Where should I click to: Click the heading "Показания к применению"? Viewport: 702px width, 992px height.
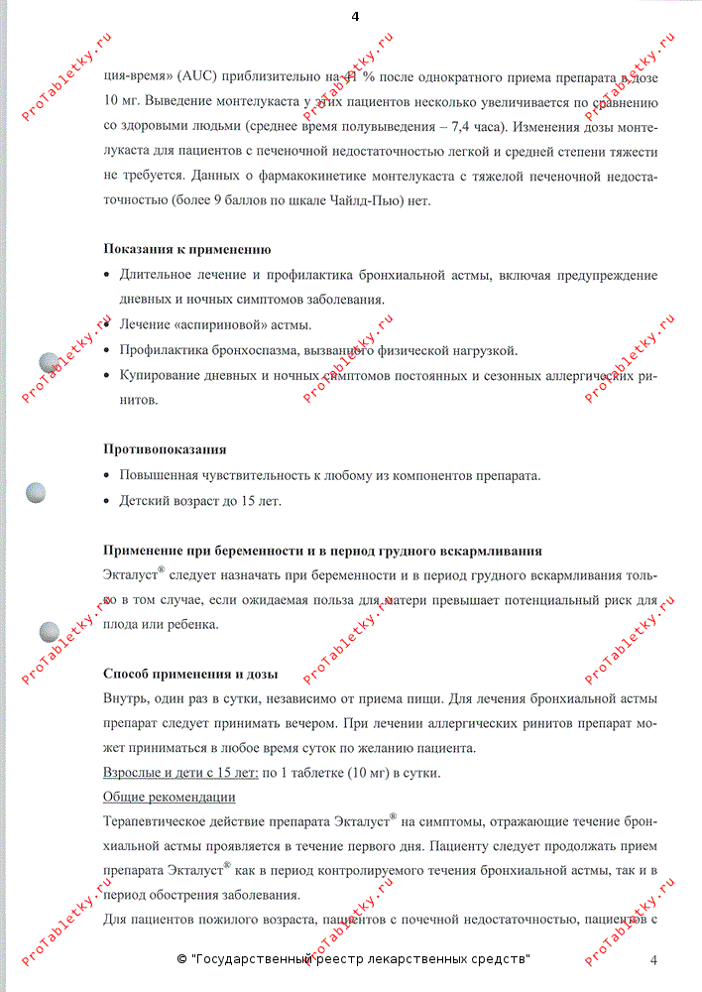pyautogui.click(x=187, y=249)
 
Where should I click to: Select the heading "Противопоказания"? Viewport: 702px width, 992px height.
pyautogui.click(x=165, y=449)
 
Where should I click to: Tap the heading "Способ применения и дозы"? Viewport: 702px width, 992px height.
pyautogui.click(x=190, y=675)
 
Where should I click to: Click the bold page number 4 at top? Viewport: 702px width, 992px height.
pyautogui.click(x=355, y=17)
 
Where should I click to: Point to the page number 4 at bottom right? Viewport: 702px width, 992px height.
pyautogui.click(x=653, y=959)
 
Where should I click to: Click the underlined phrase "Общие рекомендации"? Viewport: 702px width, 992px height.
pyautogui.click(x=170, y=797)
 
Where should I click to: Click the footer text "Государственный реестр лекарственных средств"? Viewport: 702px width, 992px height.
pyautogui.click(x=360, y=959)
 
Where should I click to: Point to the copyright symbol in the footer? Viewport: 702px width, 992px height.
pyautogui.click(x=182, y=959)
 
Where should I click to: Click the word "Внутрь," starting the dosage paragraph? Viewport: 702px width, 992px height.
pyautogui.click(x=128, y=699)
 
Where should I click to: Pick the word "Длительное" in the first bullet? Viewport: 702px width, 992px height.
pyautogui.click(x=157, y=275)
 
